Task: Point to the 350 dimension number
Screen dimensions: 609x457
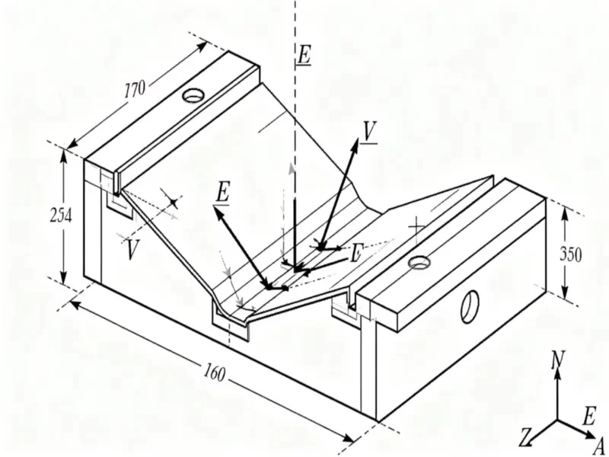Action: pos(572,254)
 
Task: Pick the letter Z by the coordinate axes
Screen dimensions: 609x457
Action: pos(525,437)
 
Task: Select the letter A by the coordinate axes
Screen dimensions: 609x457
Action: pos(598,445)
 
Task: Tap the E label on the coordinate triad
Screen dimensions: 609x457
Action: pos(588,416)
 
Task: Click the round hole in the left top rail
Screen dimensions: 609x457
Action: pos(193,96)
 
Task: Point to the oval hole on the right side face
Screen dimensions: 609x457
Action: pos(470,305)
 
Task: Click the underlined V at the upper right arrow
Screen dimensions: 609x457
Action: pos(370,132)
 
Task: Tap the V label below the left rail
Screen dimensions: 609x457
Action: pos(133,248)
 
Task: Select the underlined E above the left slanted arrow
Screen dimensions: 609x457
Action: pos(222,193)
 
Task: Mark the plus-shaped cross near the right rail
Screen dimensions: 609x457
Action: pos(416,226)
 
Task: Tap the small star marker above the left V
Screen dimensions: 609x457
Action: pos(174,202)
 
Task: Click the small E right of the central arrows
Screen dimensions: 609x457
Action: pos(355,253)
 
